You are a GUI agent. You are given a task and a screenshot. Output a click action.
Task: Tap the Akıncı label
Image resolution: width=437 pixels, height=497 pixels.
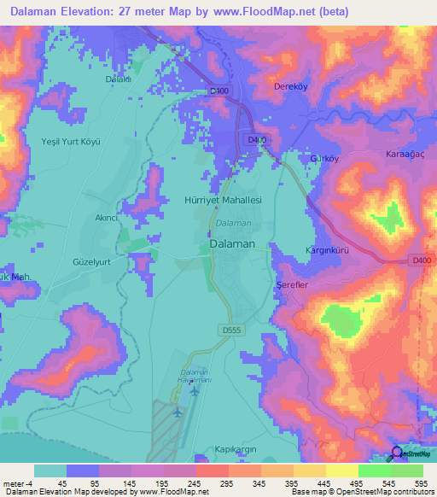(x=107, y=218)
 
